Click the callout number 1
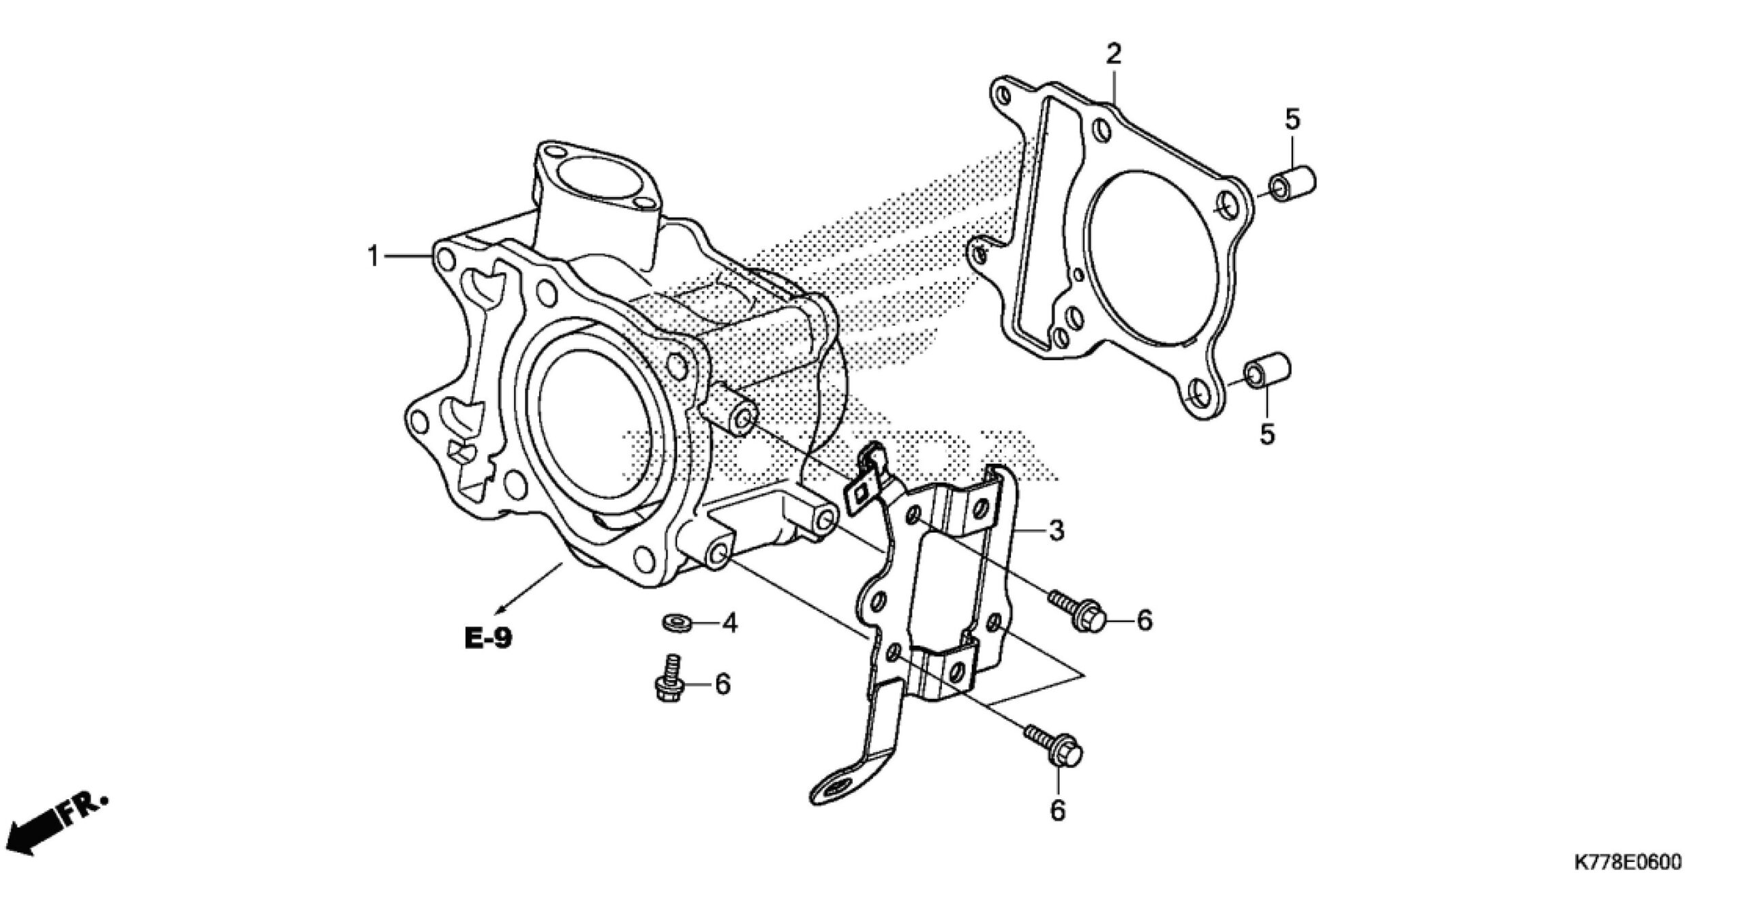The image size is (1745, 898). point(373,256)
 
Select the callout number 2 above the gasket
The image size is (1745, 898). point(1113,54)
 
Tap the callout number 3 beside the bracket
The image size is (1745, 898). point(1056,530)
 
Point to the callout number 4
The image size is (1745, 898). point(729,623)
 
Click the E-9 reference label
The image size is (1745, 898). point(488,639)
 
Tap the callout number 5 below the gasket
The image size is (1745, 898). point(1266,434)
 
